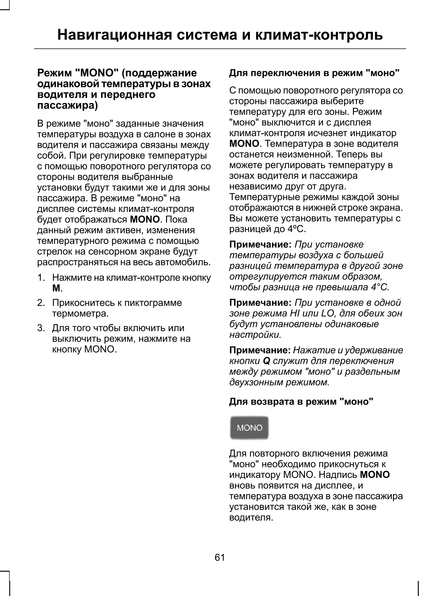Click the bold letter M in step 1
pos(56,288)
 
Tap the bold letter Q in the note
pos(266,361)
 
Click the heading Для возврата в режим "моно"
pos(301,402)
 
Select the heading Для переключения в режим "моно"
pos(314,73)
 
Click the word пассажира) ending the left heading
pos(68,105)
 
